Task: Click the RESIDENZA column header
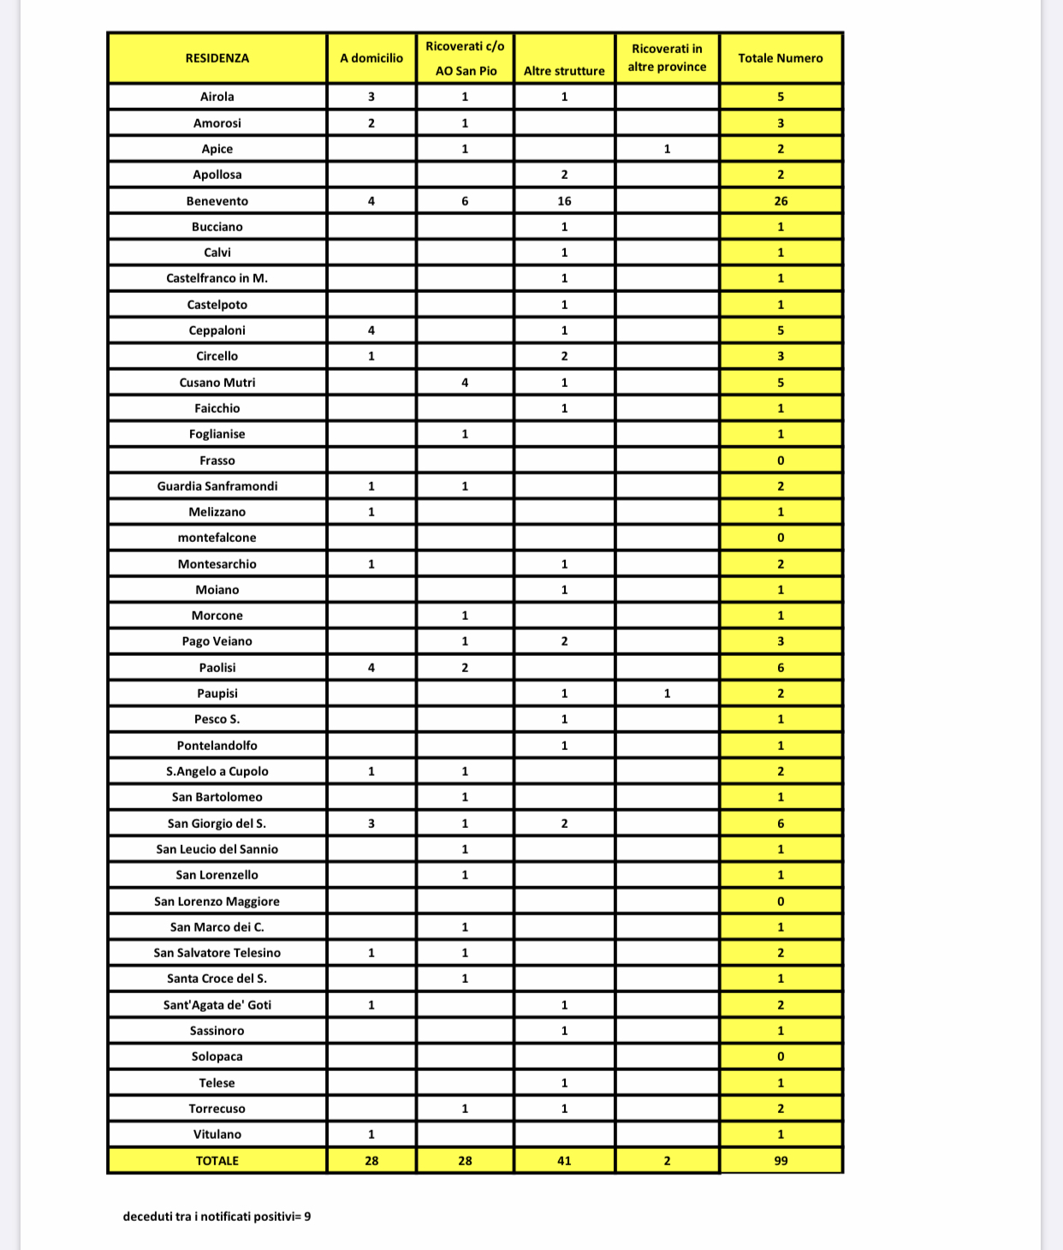(x=217, y=58)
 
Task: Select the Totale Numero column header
(x=781, y=58)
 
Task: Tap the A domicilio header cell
(x=371, y=58)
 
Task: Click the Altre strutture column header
(x=564, y=71)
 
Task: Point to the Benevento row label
(x=217, y=201)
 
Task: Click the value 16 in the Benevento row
(x=564, y=201)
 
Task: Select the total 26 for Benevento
(x=781, y=201)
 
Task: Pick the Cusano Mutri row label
(x=217, y=383)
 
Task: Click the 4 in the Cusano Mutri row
(x=465, y=383)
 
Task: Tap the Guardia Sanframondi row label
(x=217, y=486)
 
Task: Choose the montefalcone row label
(x=217, y=538)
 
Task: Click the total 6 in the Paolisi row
(x=781, y=668)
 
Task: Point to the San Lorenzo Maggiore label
(x=217, y=902)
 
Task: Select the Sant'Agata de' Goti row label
(x=217, y=1005)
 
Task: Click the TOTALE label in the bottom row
(x=217, y=1161)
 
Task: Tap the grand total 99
(x=781, y=1161)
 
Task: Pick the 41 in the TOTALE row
(x=564, y=1161)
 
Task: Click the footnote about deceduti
(x=217, y=1217)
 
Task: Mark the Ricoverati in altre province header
(x=667, y=58)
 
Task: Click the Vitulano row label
(x=217, y=1134)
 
